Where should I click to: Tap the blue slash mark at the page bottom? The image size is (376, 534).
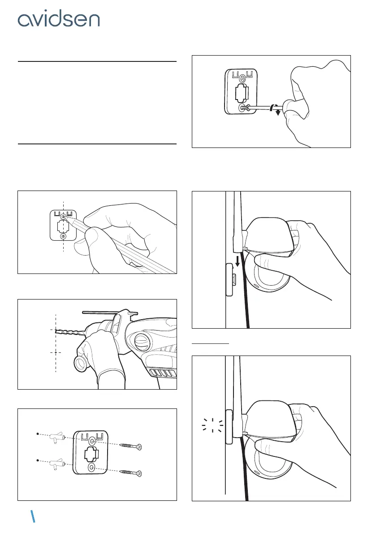pyautogui.click(x=33, y=517)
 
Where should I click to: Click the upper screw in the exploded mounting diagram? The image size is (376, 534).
pyautogui.click(x=131, y=446)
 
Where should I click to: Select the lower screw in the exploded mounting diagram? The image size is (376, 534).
pyautogui.click(x=131, y=473)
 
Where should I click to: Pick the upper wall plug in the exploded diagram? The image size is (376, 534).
pyautogui.click(x=56, y=437)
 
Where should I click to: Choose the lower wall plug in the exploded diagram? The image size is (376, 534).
pyautogui.click(x=56, y=464)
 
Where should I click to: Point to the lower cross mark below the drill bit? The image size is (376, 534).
pyautogui.click(x=56, y=352)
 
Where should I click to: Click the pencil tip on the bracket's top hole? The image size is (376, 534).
pyautogui.click(x=64, y=216)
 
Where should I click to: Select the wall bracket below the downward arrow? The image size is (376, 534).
pyautogui.click(x=230, y=280)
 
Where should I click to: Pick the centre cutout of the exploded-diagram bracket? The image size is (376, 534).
pyautogui.click(x=91, y=454)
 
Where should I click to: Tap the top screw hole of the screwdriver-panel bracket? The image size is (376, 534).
pyautogui.click(x=242, y=78)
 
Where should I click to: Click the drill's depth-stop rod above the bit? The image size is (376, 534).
pyautogui.click(x=110, y=312)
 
